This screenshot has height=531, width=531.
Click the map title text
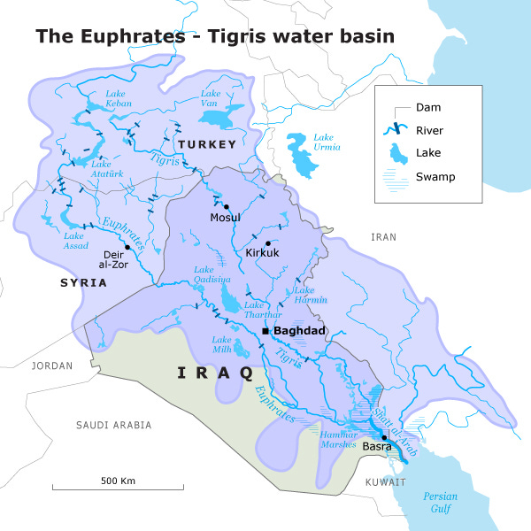[x=214, y=36]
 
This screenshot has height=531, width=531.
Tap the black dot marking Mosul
[x=227, y=207]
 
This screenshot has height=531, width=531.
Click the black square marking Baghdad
[x=265, y=331]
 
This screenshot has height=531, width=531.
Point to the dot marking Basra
[x=384, y=438]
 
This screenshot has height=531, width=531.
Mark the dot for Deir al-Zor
[x=127, y=249]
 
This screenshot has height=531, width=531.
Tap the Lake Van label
[x=211, y=98]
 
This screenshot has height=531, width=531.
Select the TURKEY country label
[x=206, y=144]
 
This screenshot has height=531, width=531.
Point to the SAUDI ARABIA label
[x=114, y=426]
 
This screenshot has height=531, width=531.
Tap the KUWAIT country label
[x=385, y=482]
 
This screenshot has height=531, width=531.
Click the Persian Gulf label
[x=440, y=502]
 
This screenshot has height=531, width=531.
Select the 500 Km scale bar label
[x=117, y=481]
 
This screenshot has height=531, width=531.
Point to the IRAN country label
[x=383, y=237]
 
